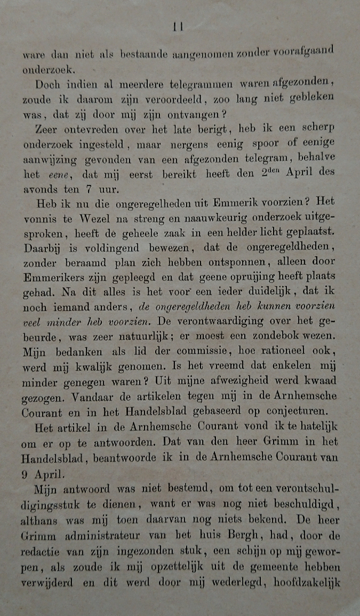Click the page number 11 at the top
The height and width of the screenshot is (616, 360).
click(178, 26)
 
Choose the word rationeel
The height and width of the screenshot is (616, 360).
click(272, 351)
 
